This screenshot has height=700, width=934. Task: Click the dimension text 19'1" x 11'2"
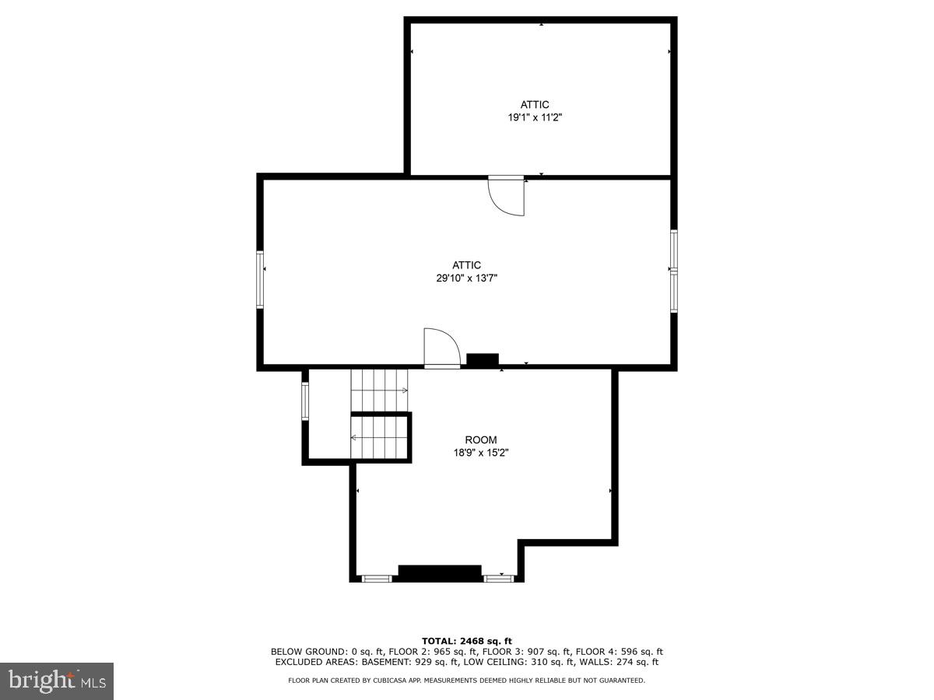(535, 117)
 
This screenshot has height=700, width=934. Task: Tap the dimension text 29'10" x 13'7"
(466, 278)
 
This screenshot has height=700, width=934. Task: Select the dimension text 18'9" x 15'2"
(480, 452)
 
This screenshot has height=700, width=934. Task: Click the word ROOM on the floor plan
(480, 439)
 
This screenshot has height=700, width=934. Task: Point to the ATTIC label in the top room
(535, 105)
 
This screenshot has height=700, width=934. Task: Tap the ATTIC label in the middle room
(466, 265)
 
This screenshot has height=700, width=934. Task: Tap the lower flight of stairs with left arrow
(379, 438)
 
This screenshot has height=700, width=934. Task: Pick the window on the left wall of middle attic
(261, 279)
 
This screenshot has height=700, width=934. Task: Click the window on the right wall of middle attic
(674, 271)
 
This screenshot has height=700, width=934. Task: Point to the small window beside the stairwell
(305, 401)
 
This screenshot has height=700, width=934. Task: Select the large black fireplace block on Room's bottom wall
(440, 572)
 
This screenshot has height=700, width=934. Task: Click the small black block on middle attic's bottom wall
(483, 360)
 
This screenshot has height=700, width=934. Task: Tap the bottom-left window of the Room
(377, 578)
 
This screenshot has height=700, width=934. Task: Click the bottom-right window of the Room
(496, 578)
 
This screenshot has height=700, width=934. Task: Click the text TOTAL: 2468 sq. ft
(467, 641)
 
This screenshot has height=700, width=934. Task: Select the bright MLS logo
(57, 681)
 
